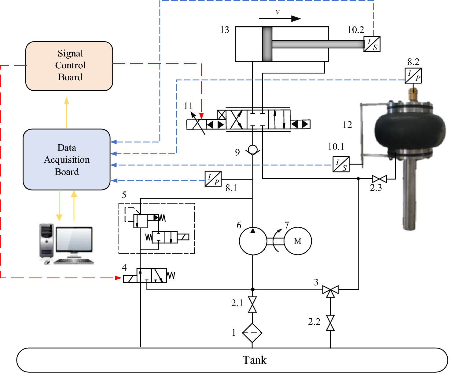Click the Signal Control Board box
69,66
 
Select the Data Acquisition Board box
67,159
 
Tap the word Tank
254,360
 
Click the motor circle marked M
298,241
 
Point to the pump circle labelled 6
253,241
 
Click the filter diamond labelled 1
252,333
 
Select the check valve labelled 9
253,150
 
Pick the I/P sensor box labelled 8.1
213,179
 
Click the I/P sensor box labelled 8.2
413,75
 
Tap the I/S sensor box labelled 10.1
341,164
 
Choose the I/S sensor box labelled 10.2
372,44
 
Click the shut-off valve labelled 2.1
252,304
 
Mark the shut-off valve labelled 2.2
330,323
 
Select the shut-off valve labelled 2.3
379,179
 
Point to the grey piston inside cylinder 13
267,44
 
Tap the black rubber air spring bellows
409,128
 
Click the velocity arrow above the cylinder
280,19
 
